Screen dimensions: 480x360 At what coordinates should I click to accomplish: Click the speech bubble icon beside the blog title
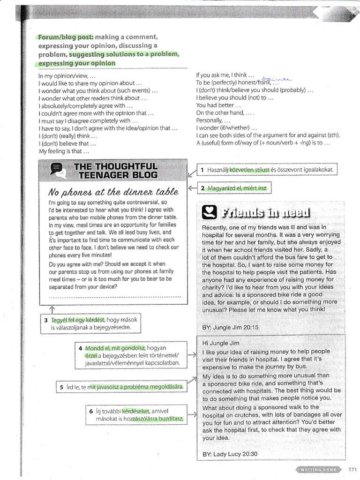pos(55,170)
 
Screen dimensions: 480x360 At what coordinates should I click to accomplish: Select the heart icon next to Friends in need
pos(209,213)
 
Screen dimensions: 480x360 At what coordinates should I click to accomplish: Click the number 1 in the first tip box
pos(202,170)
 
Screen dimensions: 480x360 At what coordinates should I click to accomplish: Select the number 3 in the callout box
pos(46,321)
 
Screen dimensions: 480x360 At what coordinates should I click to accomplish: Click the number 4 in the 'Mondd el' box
pos(81,349)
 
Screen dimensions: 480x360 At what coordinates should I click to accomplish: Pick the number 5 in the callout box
pos(61,387)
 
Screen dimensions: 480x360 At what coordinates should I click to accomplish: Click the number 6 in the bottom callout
pos(91,412)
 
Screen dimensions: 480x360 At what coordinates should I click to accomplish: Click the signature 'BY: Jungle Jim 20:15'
pos(230,327)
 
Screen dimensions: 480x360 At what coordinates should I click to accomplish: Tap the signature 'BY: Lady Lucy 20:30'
pos(230,454)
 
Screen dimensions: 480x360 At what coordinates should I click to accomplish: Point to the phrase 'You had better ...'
pos(215,105)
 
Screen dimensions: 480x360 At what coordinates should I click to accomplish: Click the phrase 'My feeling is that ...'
pos(64,151)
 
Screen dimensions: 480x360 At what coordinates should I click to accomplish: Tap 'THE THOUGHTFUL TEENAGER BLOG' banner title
pos(115,171)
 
